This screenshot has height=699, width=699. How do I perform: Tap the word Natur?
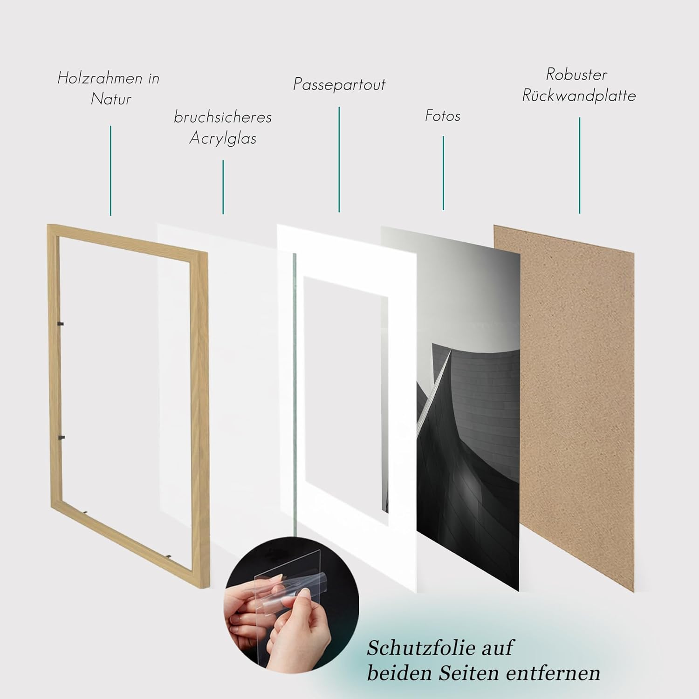111,99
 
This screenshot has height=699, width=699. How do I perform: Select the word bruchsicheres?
223,117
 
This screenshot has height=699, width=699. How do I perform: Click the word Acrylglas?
223,138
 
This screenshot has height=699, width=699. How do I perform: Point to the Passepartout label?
339,84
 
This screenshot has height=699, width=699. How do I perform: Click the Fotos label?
443,116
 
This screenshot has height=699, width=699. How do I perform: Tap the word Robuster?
577,74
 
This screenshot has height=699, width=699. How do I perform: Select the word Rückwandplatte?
579,96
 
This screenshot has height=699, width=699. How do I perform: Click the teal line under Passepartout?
339,159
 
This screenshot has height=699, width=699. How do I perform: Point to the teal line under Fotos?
443,173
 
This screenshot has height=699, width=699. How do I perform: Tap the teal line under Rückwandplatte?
580,165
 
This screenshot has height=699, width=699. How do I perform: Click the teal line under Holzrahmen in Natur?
110,171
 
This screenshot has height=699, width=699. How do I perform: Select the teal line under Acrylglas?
223,187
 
